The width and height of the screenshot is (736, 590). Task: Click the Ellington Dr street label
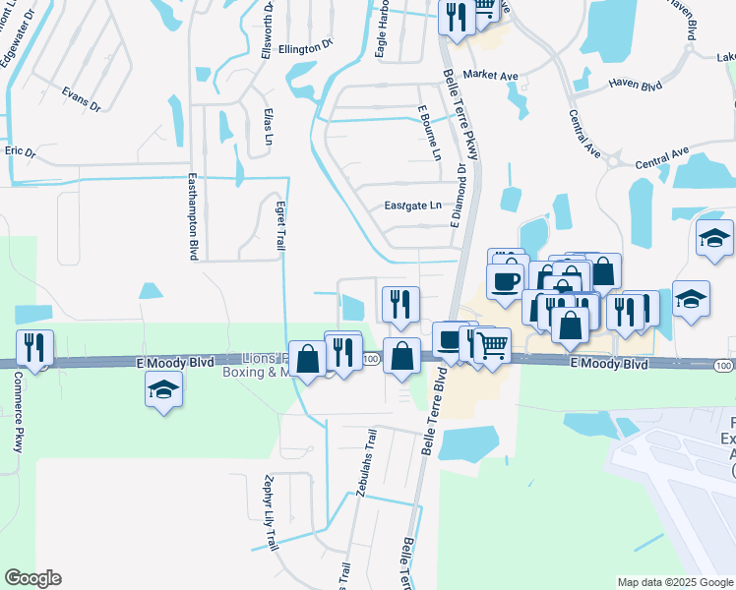point(306,46)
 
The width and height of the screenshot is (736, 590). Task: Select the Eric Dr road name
point(20,152)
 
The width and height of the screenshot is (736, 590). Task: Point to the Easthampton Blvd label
point(193,217)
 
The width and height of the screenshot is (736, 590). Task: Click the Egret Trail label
point(280,226)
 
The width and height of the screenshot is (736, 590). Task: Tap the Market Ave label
point(490,74)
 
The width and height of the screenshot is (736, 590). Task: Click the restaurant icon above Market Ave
point(456,18)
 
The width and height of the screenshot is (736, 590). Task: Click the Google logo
point(33,579)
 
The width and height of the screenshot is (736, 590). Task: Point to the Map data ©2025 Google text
point(674,582)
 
